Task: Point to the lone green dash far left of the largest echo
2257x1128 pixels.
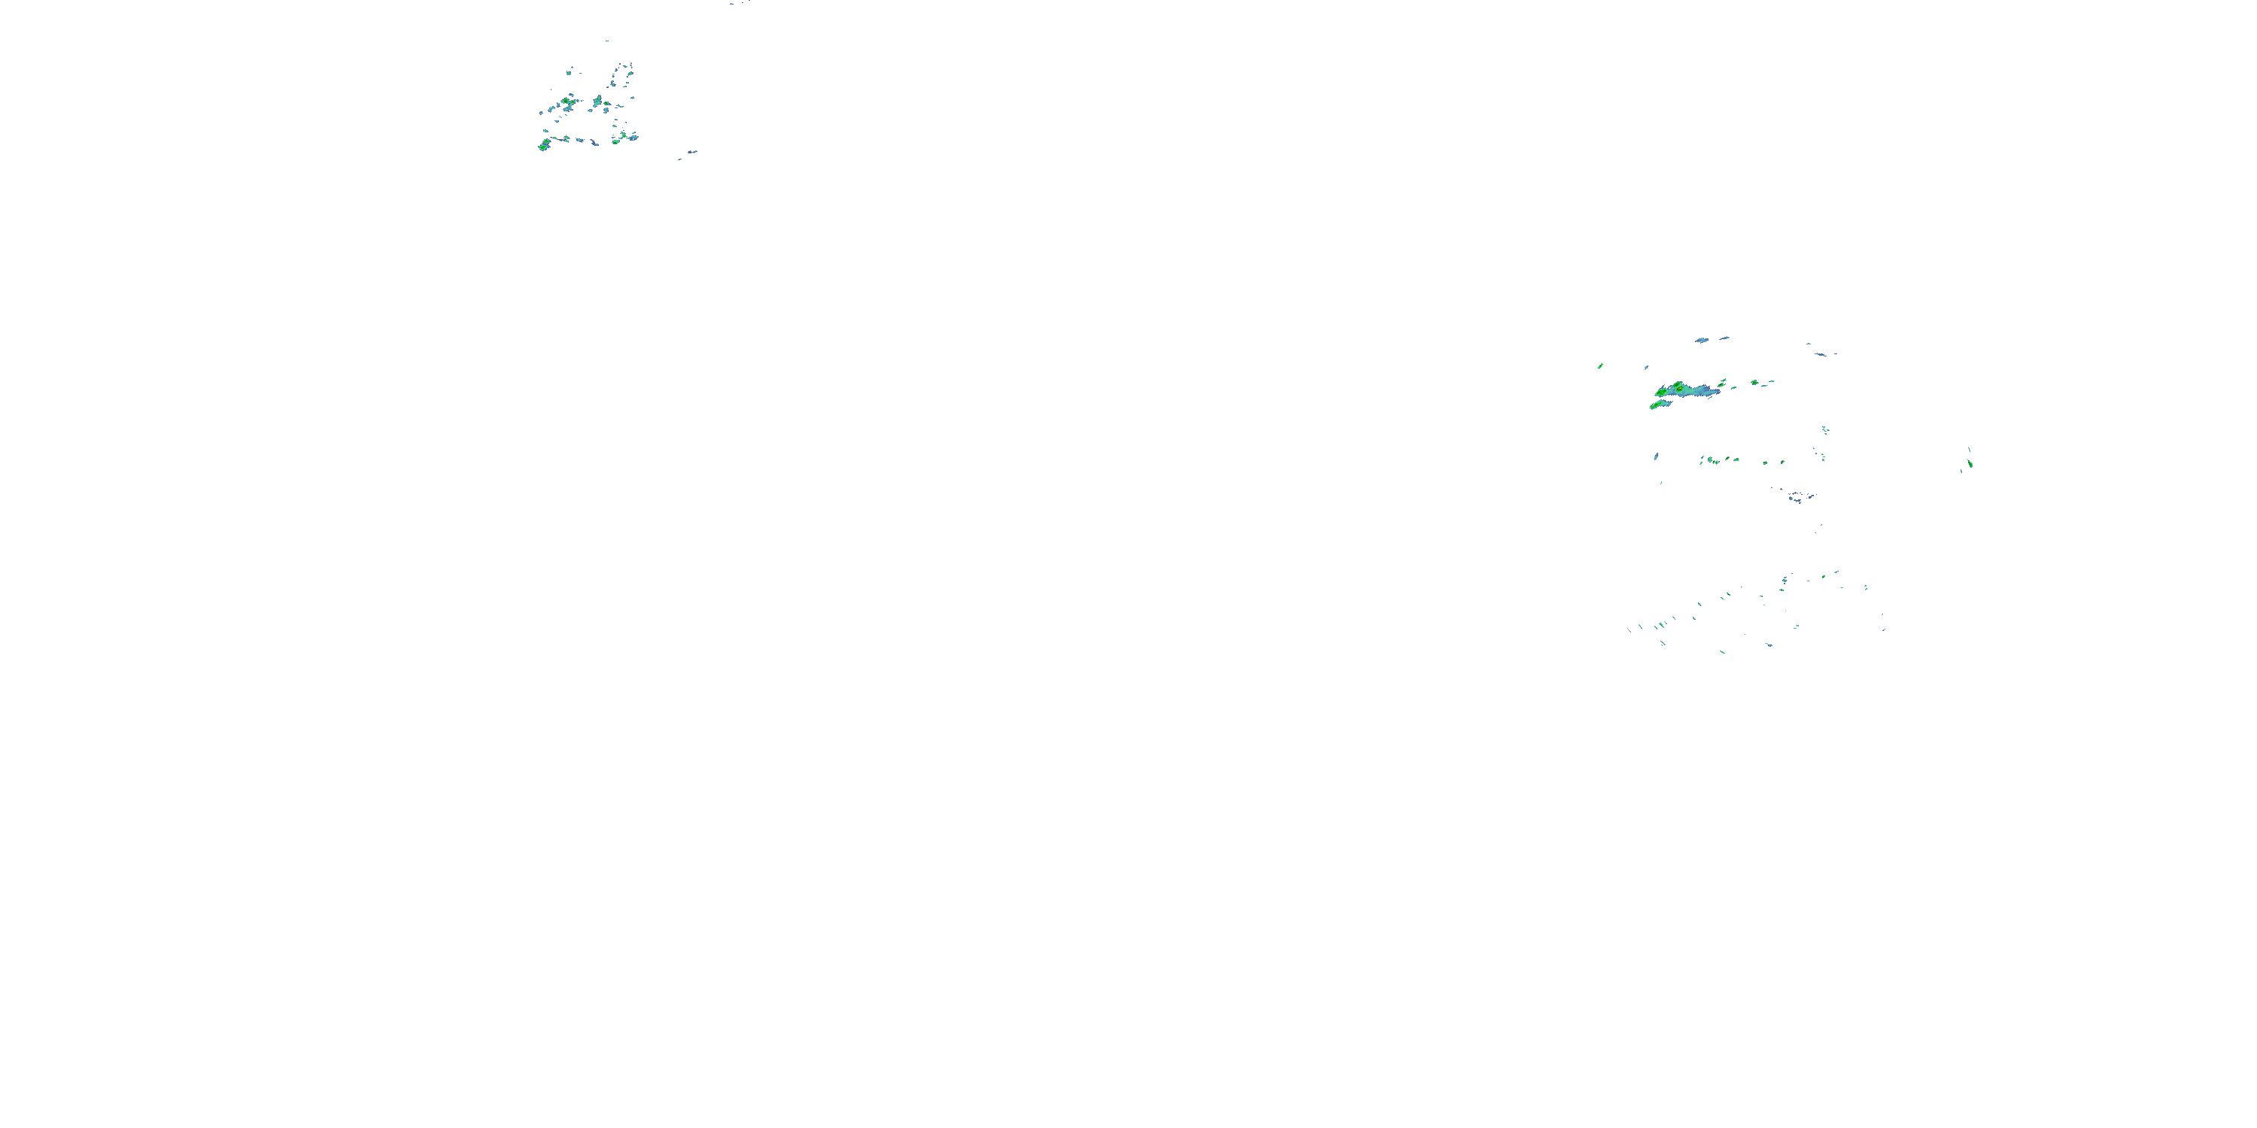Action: coord(1600,366)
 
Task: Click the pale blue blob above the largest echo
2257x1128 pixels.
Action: coord(1702,340)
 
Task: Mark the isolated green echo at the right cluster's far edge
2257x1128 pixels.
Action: coord(1970,462)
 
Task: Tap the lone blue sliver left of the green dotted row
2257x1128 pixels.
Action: coord(1656,456)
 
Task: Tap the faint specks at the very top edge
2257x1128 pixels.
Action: coord(738,2)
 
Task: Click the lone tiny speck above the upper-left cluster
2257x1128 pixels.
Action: coord(606,41)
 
